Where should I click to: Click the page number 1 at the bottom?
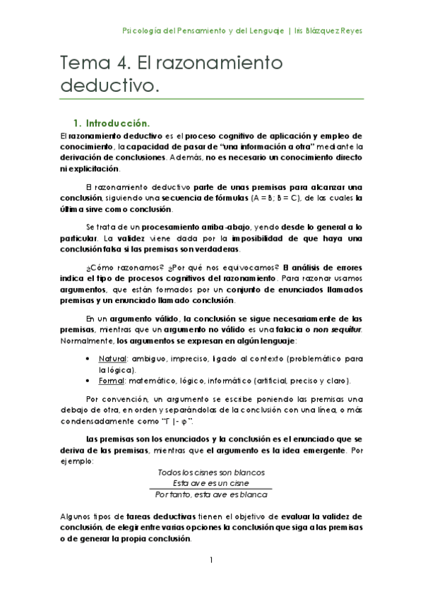click(x=211, y=560)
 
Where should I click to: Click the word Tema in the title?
click(x=81, y=64)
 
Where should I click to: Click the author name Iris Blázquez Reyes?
click(x=328, y=31)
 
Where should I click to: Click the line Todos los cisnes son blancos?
click(x=211, y=472)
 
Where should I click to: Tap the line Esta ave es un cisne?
click(x=211, y=482)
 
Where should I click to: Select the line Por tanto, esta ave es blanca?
click(x=211, y=494)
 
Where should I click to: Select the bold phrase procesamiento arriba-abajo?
click(x=189, y=228)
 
